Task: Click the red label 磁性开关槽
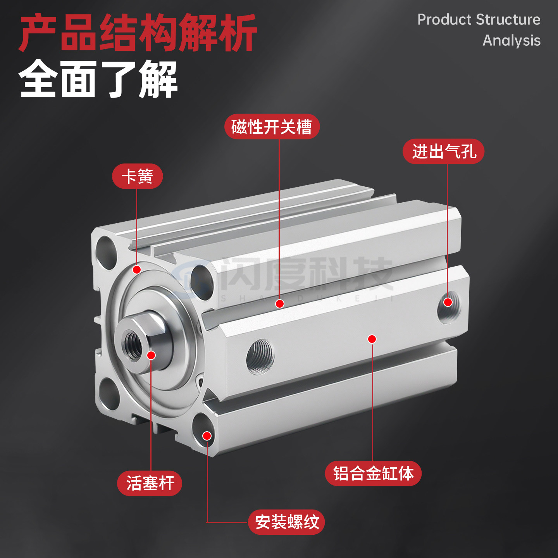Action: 272,127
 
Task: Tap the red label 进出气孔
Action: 443,151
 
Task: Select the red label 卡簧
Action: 137,176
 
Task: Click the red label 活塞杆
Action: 150,483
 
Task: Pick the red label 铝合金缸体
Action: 373,473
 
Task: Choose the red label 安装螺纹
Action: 286,522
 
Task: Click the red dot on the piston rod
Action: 151,355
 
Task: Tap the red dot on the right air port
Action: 448,302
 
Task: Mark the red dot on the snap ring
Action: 136,269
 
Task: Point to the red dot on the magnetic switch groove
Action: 279,304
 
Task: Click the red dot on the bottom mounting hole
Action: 207,436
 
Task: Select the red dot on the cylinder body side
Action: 372,339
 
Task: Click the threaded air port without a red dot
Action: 260,356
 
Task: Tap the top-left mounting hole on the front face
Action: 106,252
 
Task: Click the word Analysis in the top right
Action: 511,40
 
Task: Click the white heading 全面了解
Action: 98,79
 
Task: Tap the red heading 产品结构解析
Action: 138,33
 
